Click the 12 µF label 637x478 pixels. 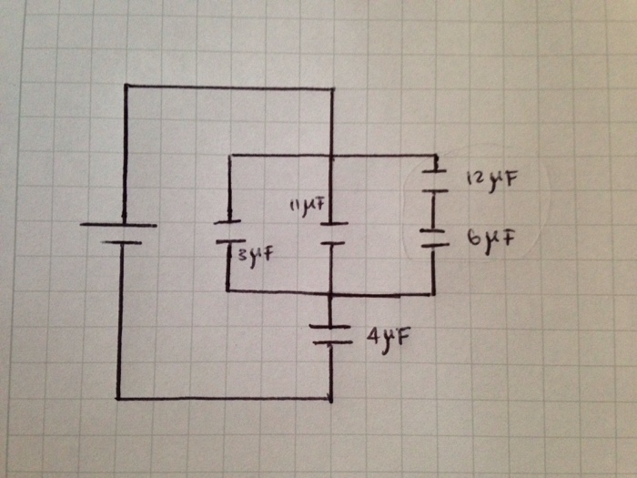pyautogui.click(x=491, y=178)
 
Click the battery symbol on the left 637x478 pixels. pyautogui.click(x=119, y=233)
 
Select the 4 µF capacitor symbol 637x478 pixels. pyautogui.click(x=331, y=334)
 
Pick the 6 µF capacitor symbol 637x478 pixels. pyautogui.click(x=434, y=238)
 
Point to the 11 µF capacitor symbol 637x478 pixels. pyautogui.click(x=333, y=233)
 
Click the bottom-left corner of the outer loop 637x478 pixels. pyautogui.click(x=118, y=398)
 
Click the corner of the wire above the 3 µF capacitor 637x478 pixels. pyautogui.click(x=227, y=156)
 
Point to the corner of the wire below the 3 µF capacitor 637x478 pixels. pyautogui.click(x=227, y=291)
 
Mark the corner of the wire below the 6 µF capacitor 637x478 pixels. pyautogui.click(x=433, y=294)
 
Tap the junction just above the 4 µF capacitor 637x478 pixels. pyautogui.click(x=331, y=295)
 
